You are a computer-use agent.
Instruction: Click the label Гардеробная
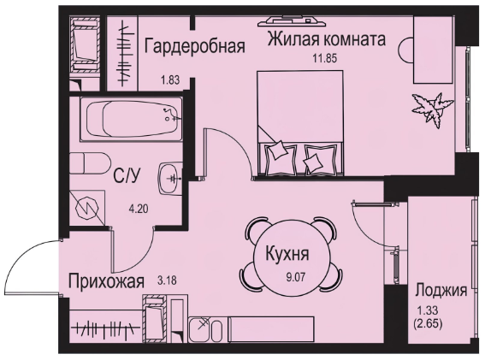point(195,46)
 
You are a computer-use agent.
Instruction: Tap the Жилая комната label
point(327,39)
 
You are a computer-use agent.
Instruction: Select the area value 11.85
point(324,58)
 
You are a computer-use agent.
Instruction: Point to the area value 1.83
point(170,80)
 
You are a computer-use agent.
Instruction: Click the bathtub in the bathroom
point(131,119)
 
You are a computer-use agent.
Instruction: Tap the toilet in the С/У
point(90,163)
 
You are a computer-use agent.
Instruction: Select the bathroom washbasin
point(170,178)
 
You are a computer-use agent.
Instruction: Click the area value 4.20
point(139,210)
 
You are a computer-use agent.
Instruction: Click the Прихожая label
point(106,281)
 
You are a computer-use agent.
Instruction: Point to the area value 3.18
point(167,280)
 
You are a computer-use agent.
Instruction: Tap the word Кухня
point(287,255)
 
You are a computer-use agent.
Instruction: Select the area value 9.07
point(296,277)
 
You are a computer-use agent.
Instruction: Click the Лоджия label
point(441,291)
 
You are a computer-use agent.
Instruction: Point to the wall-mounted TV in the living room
point(293,21)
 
